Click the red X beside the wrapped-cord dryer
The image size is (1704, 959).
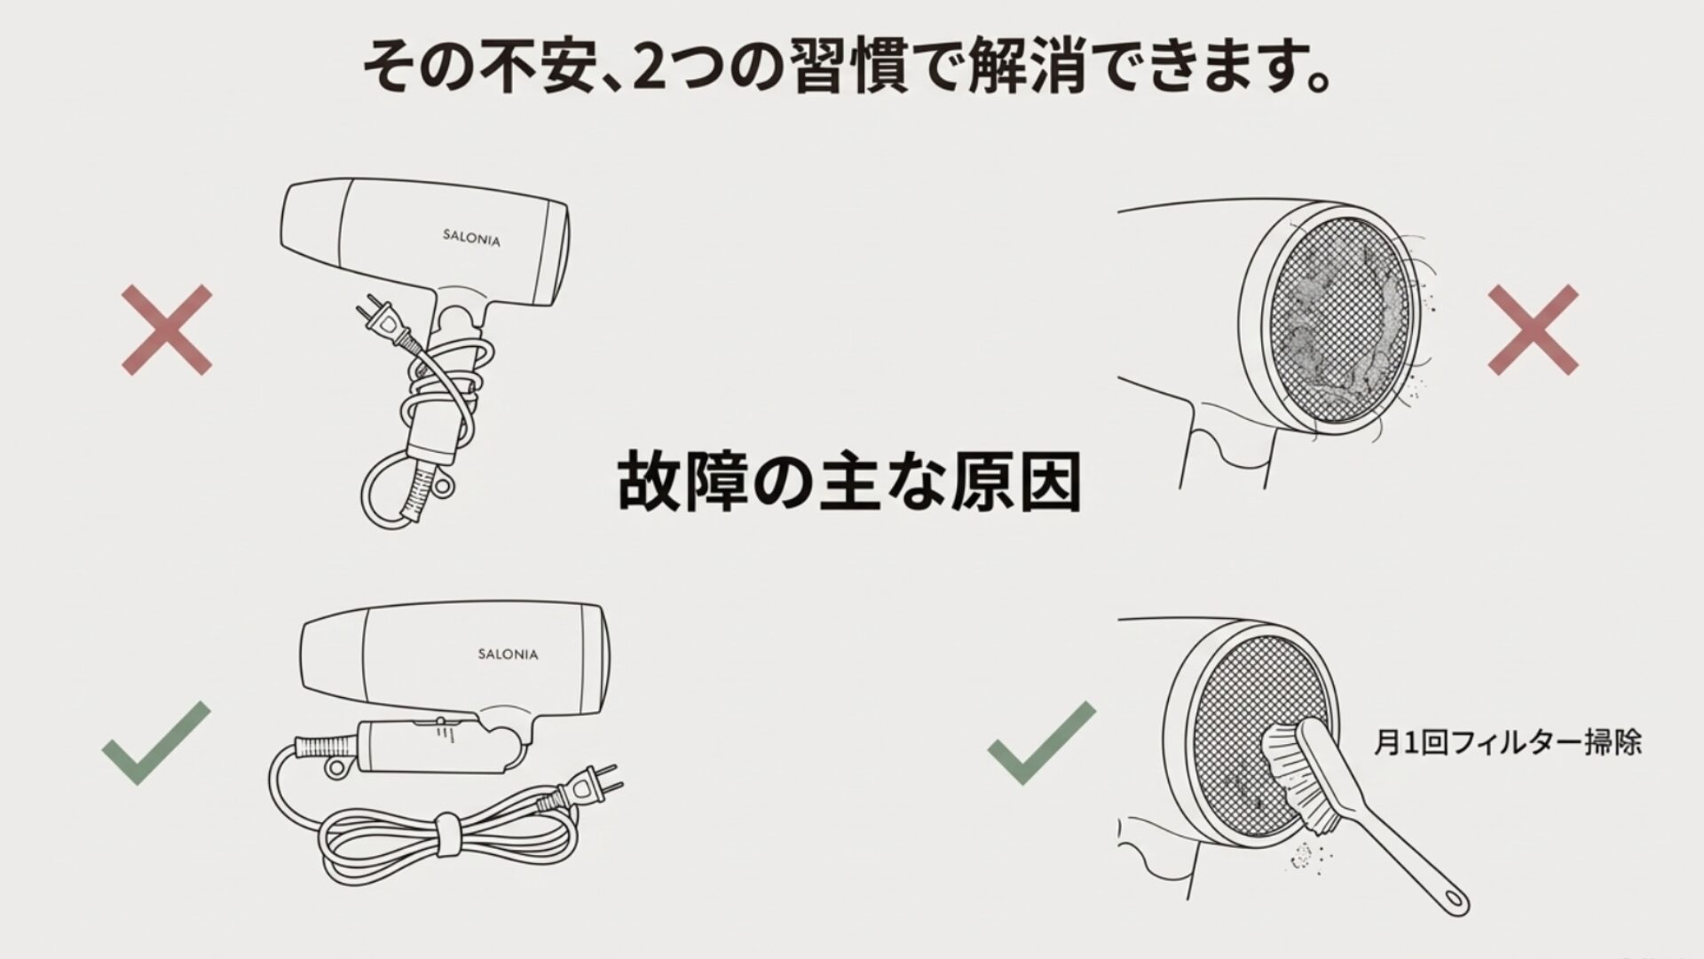click(167, 329)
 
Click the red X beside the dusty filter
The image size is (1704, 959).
click(1533, 329)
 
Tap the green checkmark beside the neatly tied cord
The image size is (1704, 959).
click(156, 742)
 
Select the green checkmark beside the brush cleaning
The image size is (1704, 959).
click(1041, 742)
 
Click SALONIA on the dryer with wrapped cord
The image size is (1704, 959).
click(471, 238)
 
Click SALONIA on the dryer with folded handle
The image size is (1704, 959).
click(508, 654)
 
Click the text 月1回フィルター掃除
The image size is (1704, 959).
click(1507, 742)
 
